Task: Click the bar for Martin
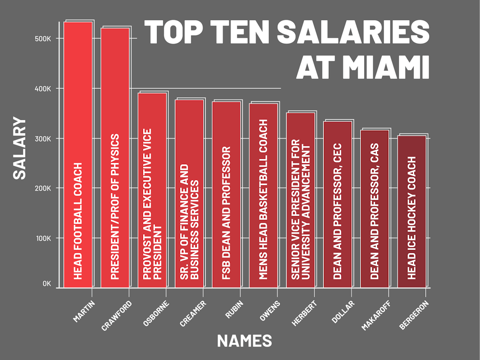pyautogui.click(x=78, y=154)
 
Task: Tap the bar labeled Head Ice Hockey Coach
pyautogui.click(x=411, y=211)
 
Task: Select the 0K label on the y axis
pyautogui.click(x=46, y=284)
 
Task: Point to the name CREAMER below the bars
pyautogui.click(x=193, y=313)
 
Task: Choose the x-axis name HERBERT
pyautogui.click(x=304, y=313)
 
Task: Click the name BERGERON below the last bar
pyautogui.click(x=413, y=315)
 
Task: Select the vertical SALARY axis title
pyautogui.click(x=20, y=147)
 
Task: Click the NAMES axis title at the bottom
pyautogui.click(x=244, y=340)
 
